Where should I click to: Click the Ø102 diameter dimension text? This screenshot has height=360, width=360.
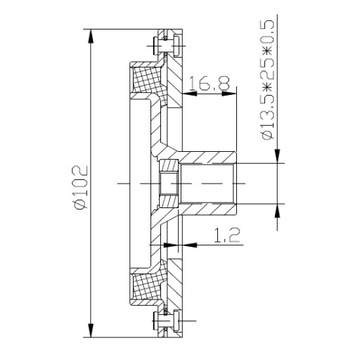[x=81, y=187]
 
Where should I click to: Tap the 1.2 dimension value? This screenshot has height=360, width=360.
[x=227, y=235]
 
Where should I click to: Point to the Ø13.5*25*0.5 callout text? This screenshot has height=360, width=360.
[x=268, y=79]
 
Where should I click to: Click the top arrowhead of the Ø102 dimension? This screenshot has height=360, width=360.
[x=91, y=36]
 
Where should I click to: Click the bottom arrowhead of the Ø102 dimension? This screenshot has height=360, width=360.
[x=91, y=330]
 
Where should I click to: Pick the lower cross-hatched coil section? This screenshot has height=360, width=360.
[x=146, y=287]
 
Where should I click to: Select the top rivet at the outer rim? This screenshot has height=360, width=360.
[x=166, y=44]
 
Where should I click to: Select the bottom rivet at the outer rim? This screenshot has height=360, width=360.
[x=166, y=321]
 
